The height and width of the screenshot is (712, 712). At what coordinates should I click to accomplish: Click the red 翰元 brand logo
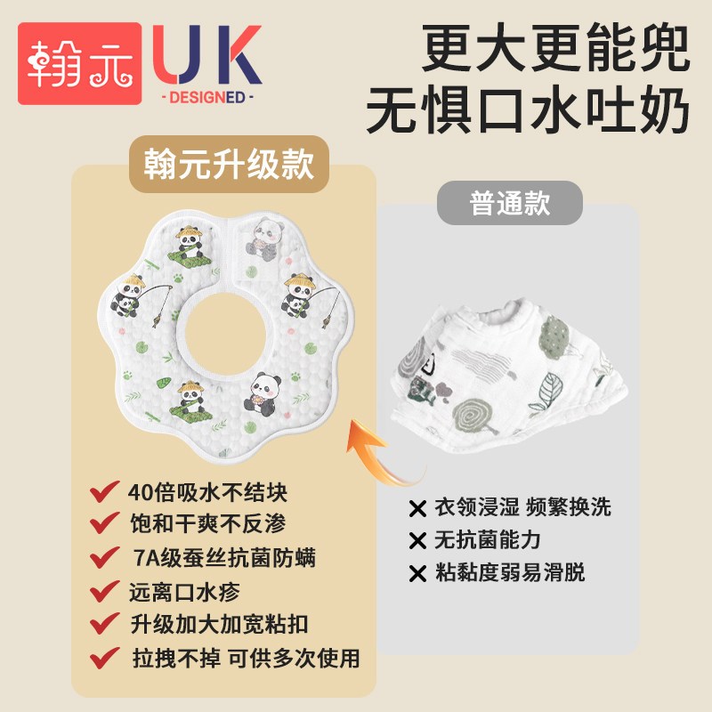(80, 63)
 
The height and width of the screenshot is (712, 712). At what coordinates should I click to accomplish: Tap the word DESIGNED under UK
(207, 97)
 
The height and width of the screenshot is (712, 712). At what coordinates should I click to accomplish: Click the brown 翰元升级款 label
(229, 164)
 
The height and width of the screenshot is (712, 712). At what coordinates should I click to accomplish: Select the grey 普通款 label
(509, 203)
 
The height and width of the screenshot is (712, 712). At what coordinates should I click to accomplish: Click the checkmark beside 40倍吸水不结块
(104, 492)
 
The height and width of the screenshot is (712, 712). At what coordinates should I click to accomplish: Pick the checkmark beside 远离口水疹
(104, 591)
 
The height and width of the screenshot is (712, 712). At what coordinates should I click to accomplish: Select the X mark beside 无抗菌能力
(417, 541)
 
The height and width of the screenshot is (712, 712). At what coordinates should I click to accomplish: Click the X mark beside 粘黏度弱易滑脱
(417, 573)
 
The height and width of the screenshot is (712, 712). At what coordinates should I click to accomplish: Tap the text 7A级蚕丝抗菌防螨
(224, 558)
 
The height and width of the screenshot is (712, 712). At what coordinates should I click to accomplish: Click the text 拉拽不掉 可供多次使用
(247, 658)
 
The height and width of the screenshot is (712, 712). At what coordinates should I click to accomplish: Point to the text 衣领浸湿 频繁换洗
(522, 506)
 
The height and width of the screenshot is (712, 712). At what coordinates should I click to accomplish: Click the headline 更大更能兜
(555, 47)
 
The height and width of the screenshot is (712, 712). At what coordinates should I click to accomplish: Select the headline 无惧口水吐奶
(528, 109)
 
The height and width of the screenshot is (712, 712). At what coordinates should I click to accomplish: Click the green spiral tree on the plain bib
(473, 416)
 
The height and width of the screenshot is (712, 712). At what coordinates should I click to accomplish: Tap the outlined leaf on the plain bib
(551, 391)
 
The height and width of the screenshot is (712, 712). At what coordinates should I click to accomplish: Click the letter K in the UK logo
(239, 54)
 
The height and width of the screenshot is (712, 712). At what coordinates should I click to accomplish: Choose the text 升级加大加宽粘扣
(219, 625)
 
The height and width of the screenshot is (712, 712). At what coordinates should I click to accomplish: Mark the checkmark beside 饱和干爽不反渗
(104, 523)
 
